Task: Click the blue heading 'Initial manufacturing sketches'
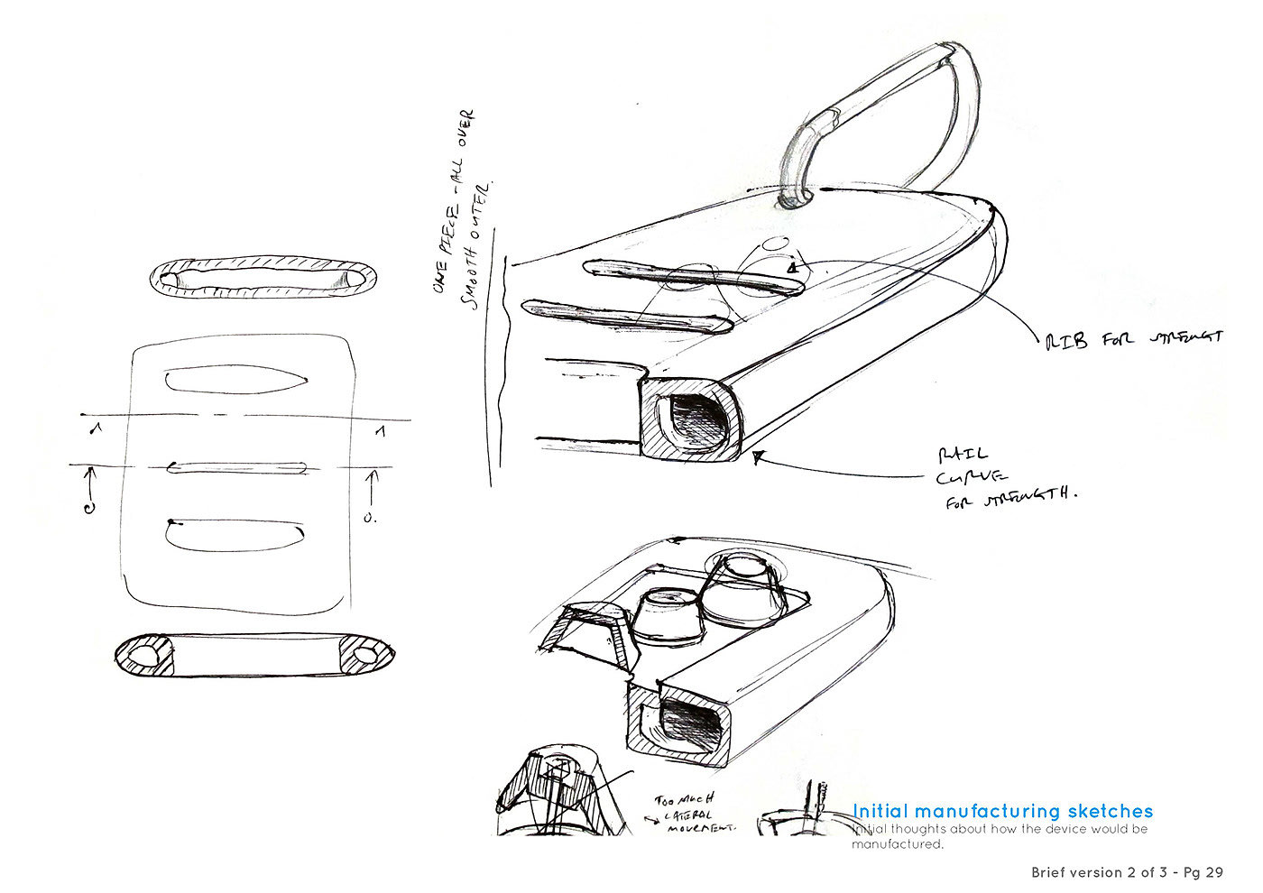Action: pyautogui.click(x=1002, y=811)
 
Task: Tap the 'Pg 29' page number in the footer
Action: pyautogui.click(x=1203, y=872)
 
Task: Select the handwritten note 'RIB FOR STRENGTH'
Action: pyautogui.click(x=1134, y=339)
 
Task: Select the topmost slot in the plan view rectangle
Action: pyautogui.click(x=237, y=379)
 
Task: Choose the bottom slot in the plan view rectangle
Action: pyautogui.click(x=237, y=535)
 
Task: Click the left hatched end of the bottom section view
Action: pyautogui.click(x=146, y=656)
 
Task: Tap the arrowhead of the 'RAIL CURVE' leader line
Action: pyautogui.click(x=757, y=457)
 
